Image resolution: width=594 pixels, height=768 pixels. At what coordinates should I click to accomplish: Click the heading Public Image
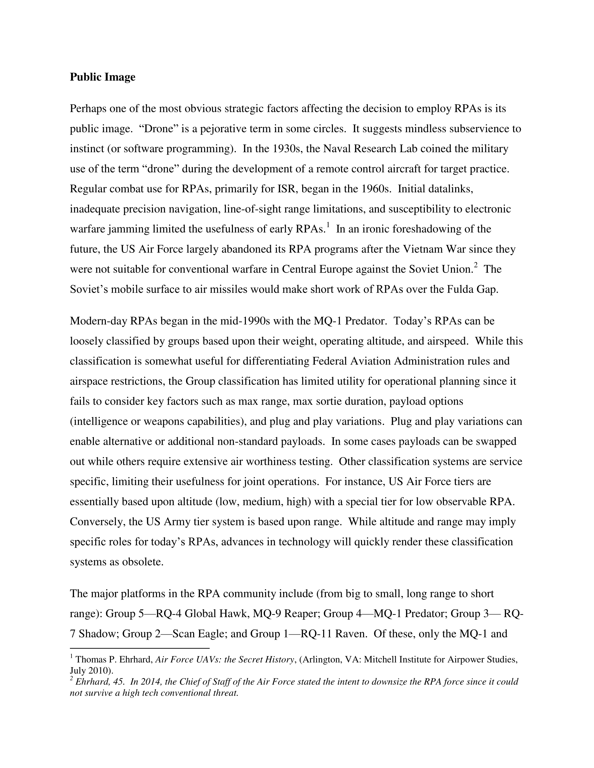[103, 77]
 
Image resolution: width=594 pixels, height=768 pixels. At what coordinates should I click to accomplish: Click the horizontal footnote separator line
[139, 648]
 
